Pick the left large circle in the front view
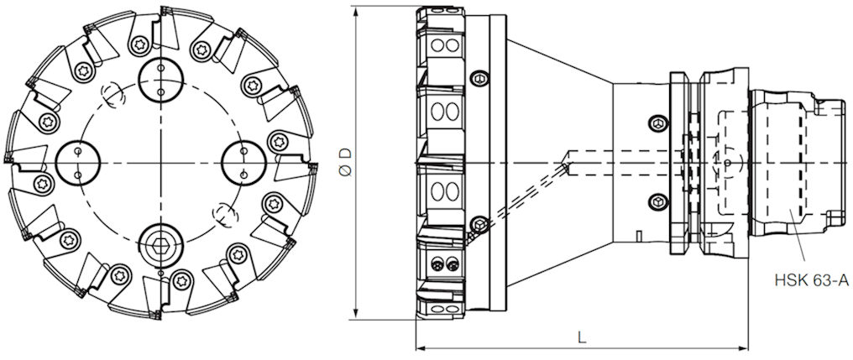pos(77,160)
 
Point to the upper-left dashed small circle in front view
pos(111,94)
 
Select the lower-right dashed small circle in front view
pos(222,214)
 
